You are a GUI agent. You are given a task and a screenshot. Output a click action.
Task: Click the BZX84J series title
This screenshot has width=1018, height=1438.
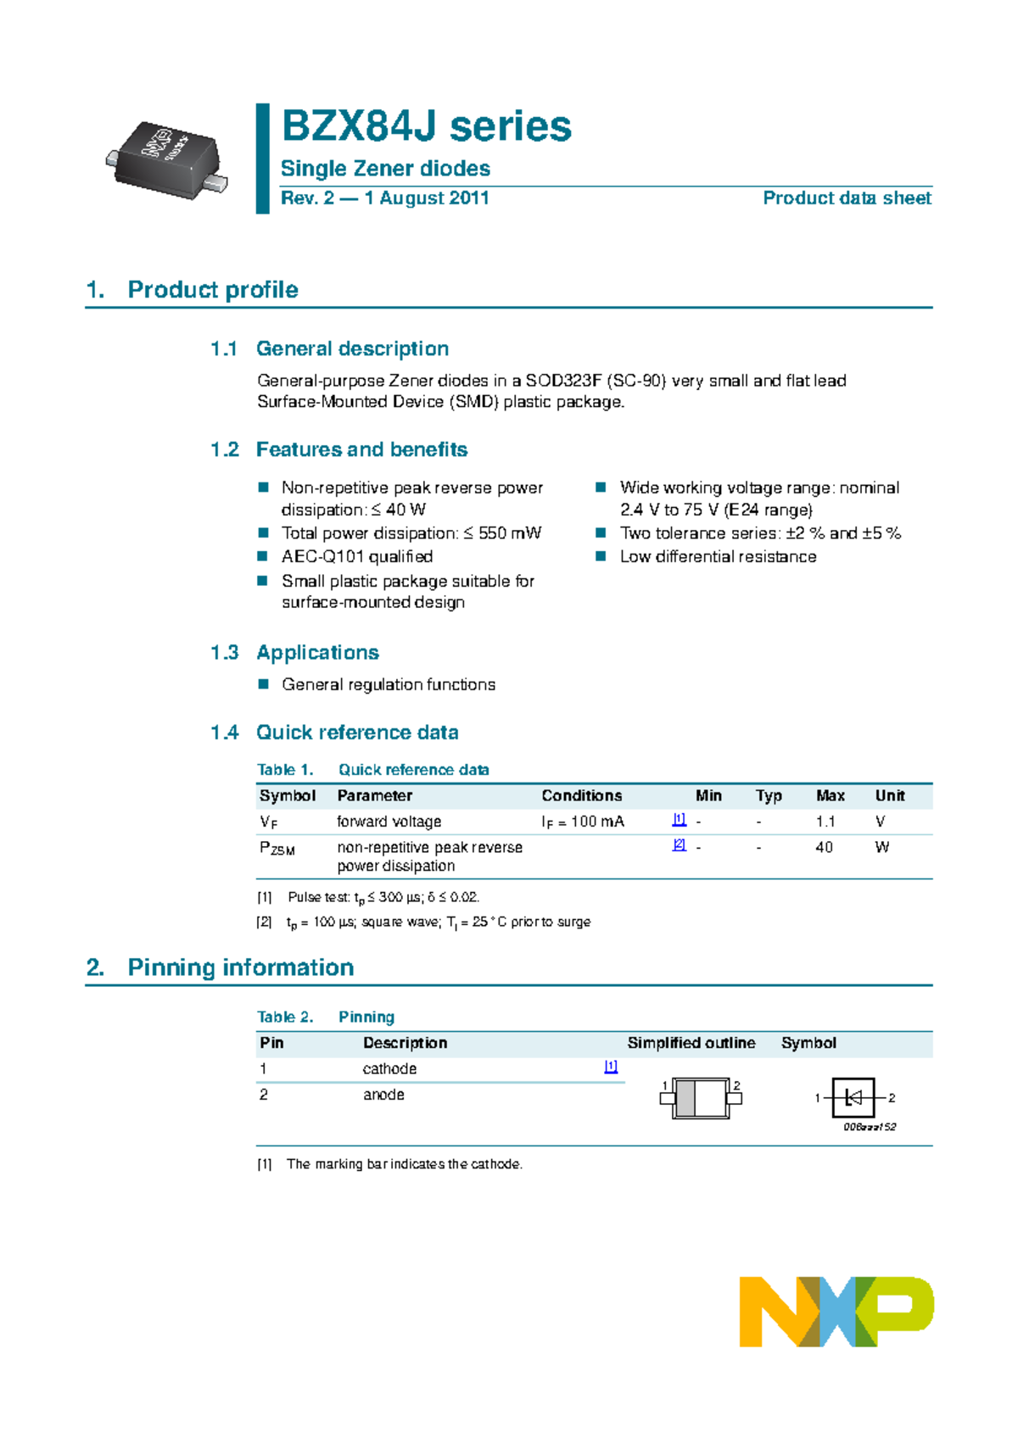(x=426, y=127)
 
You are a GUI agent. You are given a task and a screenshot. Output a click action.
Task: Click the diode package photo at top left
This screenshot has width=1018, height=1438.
(x=167, y=159)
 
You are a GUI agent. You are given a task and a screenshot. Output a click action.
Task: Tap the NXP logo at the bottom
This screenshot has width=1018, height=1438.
(x=836, y=1311)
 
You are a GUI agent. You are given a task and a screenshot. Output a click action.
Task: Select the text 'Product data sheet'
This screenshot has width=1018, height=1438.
(x=846, y=198)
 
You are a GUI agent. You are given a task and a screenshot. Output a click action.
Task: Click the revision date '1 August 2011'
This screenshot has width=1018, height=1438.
(x=427, y=198)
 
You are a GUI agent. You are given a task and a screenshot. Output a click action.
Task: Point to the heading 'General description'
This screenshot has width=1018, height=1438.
(x=352, y=348)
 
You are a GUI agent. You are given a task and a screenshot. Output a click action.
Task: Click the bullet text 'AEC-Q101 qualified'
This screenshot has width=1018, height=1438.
(x=357, y=557)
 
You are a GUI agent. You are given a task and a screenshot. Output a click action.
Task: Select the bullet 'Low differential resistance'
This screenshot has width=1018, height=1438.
(x=718, y=557)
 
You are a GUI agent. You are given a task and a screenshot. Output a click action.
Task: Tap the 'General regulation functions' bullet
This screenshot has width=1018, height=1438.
(x=389, y=685)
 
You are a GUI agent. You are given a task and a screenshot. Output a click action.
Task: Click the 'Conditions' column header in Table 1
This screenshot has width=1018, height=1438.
(x=581, y=796)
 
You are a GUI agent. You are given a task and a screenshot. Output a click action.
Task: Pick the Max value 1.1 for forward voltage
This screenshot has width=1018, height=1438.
(x=825, y=822)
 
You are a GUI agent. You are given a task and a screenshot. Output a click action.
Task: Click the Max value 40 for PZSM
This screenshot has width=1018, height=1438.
(x=824, y=847)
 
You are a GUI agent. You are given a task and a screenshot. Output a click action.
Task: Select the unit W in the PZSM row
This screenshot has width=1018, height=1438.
(x=881, y=847)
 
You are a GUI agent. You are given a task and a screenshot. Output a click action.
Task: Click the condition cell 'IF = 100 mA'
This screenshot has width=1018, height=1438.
(x=582, y=822)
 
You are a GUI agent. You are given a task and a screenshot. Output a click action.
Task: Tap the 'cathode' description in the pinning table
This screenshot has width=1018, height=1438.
(x=389, y=1069)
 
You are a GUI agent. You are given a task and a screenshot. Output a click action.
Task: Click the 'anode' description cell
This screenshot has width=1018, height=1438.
(x=383, y=1095)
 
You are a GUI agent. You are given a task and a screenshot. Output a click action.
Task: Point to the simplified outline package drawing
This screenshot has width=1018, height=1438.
(x=701, y=1099)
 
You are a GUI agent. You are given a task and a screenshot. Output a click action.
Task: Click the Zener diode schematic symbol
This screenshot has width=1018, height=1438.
(x=854, y=1098)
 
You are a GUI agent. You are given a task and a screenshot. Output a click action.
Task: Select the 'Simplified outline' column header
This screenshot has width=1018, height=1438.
(x=691, y=1044)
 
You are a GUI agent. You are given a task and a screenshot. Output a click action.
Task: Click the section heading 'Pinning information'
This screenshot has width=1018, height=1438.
(x=240, y=968)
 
